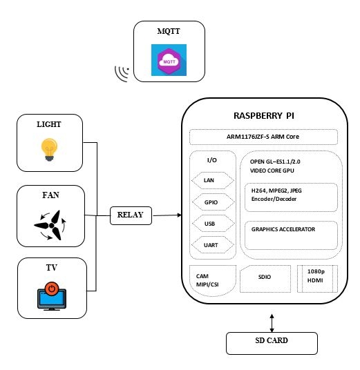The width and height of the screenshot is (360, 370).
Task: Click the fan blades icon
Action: pos(50,222)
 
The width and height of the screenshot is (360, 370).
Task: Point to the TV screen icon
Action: pos(51,296)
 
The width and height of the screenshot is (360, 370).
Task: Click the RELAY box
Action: pos(131,215)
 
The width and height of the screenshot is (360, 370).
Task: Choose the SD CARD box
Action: pos(272,342)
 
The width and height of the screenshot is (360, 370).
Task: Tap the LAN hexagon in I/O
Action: pos(209,180)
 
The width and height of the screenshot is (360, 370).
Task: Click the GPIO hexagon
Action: pos(209,202)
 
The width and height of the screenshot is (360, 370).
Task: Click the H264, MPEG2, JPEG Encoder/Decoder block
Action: pos(291,195)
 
